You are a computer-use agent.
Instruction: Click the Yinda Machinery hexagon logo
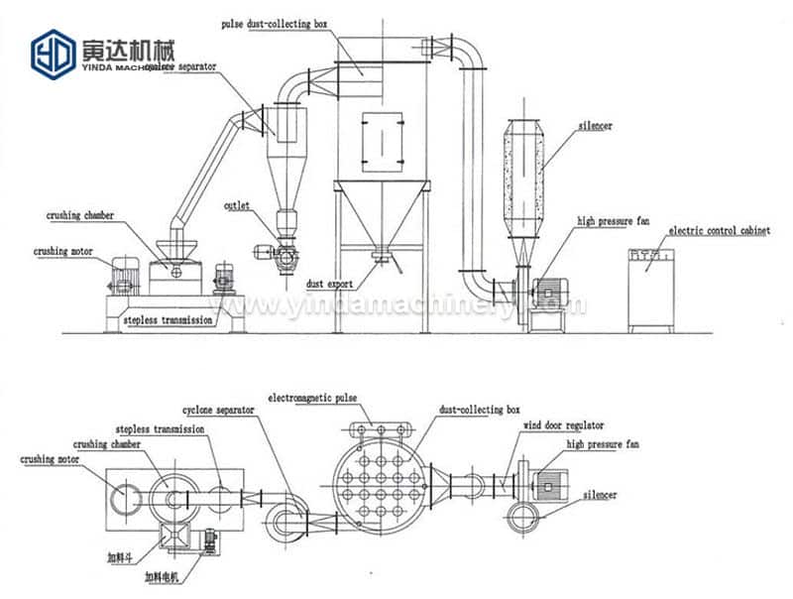tap(53, 53)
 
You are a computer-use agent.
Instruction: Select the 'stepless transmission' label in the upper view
tap(166, 321)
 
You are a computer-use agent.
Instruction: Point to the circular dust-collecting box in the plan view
tap(382, 486)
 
